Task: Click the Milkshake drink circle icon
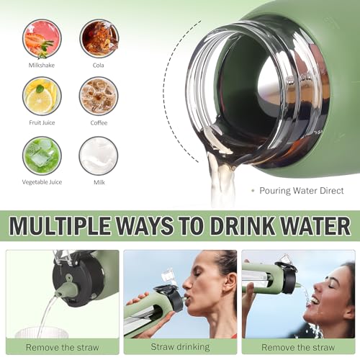coord(42,39)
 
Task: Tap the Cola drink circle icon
coord(99,38)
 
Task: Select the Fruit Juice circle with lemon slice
coord(42,96)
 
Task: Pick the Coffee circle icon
coord(99,96)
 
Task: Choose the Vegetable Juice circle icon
coord(42,156)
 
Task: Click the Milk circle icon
coord(99,156)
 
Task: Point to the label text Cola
coord(99,66)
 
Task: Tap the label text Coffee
coord(99,123)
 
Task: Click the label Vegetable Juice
coord(42,182)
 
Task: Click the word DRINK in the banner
coord(243,226)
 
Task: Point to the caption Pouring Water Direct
coord(302,191)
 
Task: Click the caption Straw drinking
coord(180,347)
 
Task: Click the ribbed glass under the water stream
coord(41,333)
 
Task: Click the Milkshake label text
coord(42,66)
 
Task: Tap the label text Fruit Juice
coord(42,123)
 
